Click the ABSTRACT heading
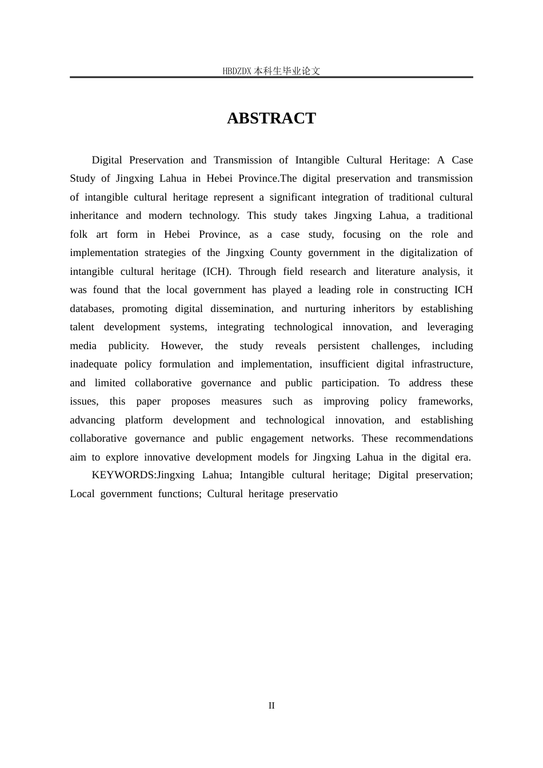tap(271, 118)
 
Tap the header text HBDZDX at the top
tap(237, 71)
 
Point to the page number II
tap(271, 706)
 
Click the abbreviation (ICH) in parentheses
tap(216, 271)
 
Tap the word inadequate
tap(93, 365)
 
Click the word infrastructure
tap(442, 365)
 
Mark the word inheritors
tap(373, 309)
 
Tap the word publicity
tap(128, 346)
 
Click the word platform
tap(143, 420)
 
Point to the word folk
tap(79, 234)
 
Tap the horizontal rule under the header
tap(271, 77)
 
